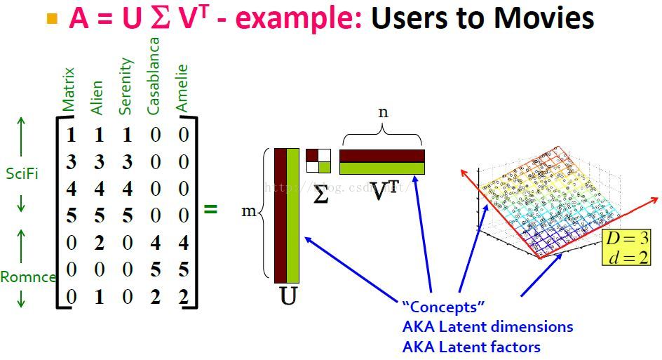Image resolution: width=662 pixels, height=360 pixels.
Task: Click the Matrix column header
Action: click(x=68, y=90)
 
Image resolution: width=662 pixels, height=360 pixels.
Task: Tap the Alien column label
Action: click(x=97, y=98)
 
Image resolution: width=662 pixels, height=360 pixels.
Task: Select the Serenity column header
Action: click(x=126, y=86)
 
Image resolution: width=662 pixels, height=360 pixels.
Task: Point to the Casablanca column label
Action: click(x=154, y=76)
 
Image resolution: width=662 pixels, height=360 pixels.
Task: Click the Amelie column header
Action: click(x=182, y=88)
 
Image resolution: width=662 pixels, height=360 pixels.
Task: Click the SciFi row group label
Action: click(x=22, y=173)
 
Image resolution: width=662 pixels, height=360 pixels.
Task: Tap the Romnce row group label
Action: click(x=27, y=276)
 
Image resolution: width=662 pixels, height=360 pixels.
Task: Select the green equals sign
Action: click(x=210, y=208)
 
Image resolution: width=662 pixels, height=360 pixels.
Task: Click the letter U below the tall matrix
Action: click(x=288, y=296)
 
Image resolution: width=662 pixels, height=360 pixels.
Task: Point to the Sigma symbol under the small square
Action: click(x=320, y=194)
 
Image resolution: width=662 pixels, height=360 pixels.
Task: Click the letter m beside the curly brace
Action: click(x=249, y=211)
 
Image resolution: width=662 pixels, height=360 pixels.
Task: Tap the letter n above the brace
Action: click(x=383, y=112)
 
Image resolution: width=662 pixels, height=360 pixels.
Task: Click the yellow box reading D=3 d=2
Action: click(x=626, y=247)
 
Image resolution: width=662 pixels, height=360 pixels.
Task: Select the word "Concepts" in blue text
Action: click(x=443, y=307)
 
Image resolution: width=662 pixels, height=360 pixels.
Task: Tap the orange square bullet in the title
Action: click(x=52, y=19)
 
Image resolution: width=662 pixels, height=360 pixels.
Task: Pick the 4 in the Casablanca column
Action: click(x=155, y=243)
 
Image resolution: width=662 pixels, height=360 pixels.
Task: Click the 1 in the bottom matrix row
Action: click(x=99, y=297)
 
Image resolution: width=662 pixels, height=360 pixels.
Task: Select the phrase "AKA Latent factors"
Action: click(x=471, y=347)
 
